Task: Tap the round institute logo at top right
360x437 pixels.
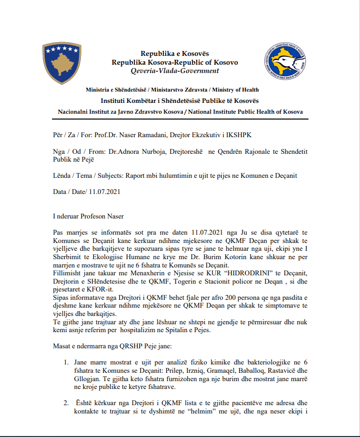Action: tap(284, 62)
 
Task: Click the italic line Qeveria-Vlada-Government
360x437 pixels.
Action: tap(175, 71)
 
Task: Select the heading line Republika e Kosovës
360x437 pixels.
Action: tap(175, 53)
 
